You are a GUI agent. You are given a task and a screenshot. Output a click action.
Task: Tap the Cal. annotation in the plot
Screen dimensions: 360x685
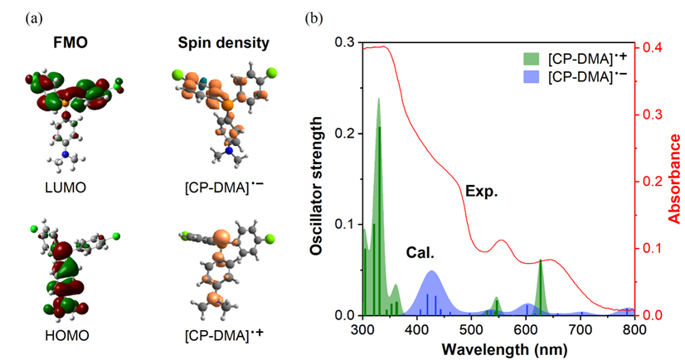point(420,251)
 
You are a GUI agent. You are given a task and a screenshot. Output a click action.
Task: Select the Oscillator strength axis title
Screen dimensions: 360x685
point(318,178)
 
